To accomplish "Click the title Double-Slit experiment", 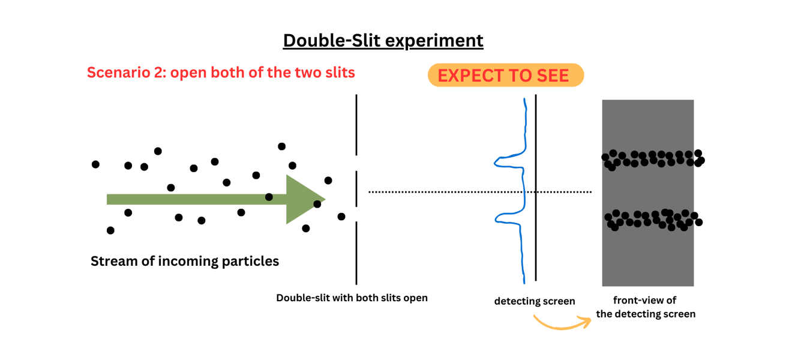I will tap(383, 40).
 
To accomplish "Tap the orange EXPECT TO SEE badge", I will tap(505, 76).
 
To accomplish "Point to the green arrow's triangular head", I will tap(304, 199).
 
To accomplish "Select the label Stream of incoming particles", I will tap(185, 262).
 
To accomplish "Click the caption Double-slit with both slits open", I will tap(352, 298).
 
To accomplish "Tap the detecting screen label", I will tap(534, 301).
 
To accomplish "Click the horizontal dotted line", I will tap(480, 192).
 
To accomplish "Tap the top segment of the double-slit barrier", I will tap(356, 125).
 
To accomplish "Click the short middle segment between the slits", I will tap(356, 189).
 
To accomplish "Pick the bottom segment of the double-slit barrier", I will tap(356, 253).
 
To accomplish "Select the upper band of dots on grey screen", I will tap(653, 159).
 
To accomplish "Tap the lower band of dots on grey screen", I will tap(653, 219).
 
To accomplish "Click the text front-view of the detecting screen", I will tap(646, 307).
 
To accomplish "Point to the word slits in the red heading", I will tap(337, 73).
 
